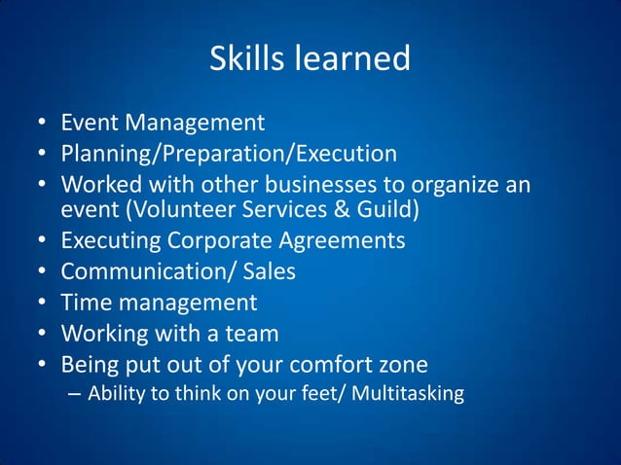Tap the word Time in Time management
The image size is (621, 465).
tap(85, 302)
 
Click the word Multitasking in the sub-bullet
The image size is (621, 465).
tap(414, 394)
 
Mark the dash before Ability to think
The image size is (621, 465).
tap(74, 394)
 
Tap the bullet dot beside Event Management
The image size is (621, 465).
tap(43, 124)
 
